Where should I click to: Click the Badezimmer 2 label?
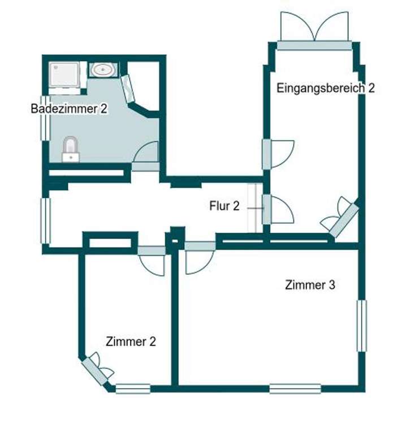[69, 108]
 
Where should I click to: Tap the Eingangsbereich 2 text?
[325, 88]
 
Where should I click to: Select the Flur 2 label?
[224, 206]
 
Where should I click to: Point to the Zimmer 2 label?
[131, 341]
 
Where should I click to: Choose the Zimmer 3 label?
[310, 285]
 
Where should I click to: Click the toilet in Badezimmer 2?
[71, 149]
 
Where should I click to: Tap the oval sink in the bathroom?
[103, 70]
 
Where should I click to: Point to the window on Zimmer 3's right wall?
[361, 326]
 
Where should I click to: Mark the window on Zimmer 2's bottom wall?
[133, 388]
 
